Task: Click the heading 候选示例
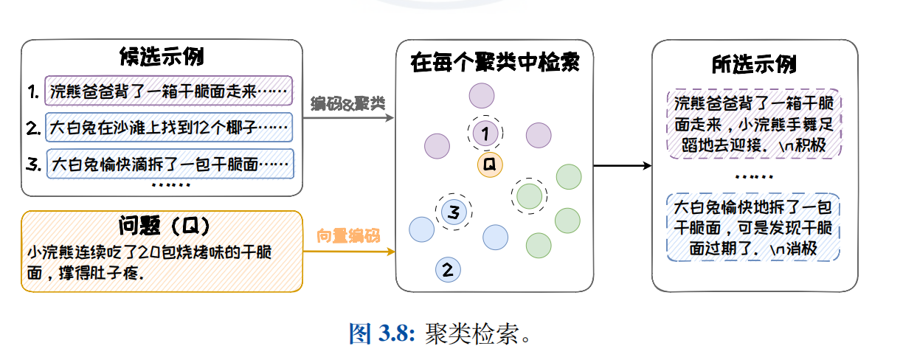[x=162, y=57]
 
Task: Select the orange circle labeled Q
[x=489, y=165]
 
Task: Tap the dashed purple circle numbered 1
[x=485, y=134]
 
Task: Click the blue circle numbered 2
[x=448, y=269]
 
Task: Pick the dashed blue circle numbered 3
[x=454, y=212]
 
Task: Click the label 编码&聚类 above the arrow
[x=348, y=103]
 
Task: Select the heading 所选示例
[x=754, y=63]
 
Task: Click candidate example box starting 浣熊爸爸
[x=169, y=91]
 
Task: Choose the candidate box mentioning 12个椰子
[x=169, y=128]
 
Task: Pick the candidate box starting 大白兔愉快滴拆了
[x=170, y=165]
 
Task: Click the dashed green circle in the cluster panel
[x=529, y=195]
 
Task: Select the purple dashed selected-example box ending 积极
[x=754, y=125]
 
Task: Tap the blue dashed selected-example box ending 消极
[x=754, y=228]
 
